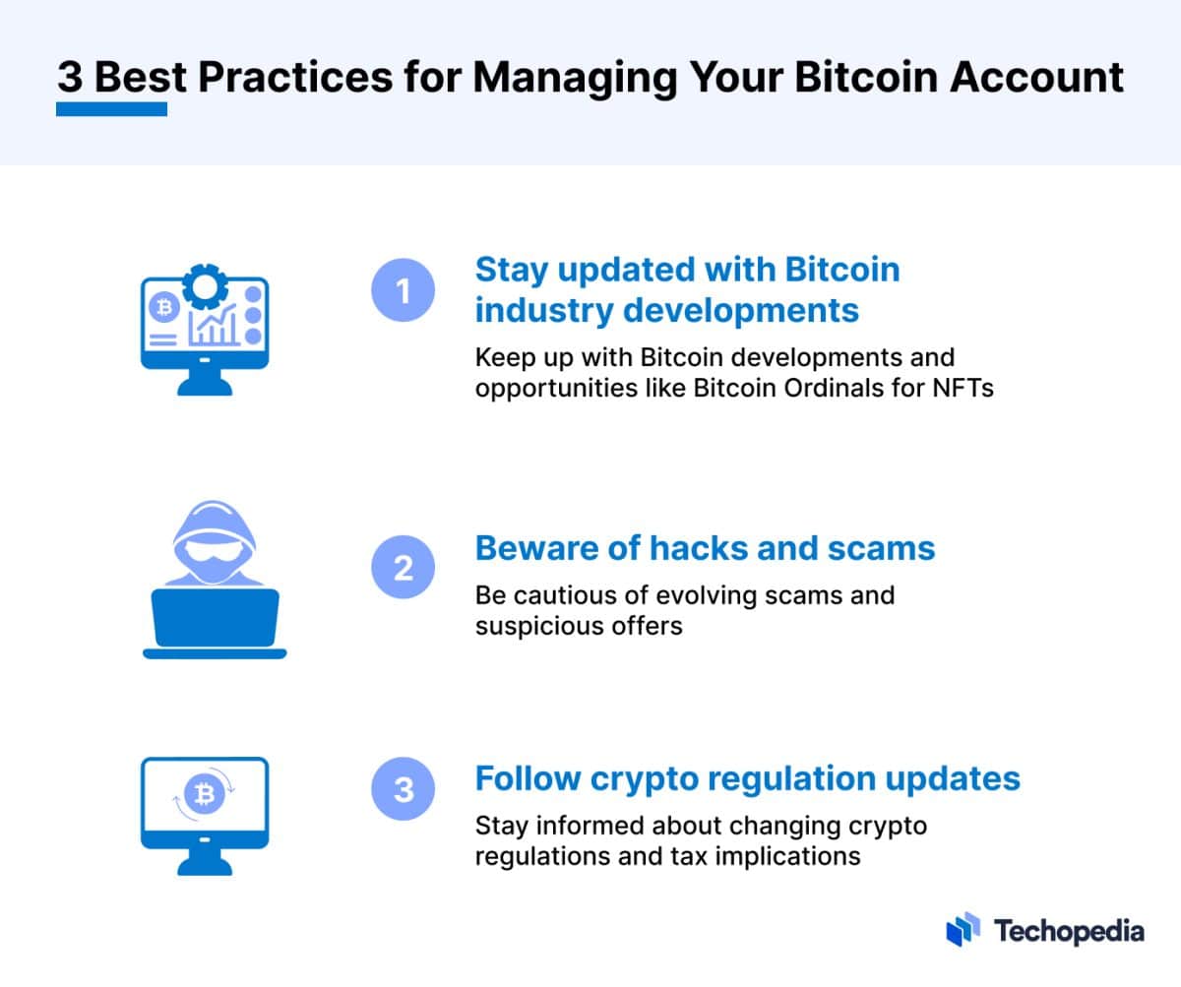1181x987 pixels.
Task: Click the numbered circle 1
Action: [404, 291]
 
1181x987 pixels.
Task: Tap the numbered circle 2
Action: [404, 568]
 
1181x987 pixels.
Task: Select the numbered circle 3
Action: [404, 789]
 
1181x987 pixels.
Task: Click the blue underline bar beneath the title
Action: [111, 108]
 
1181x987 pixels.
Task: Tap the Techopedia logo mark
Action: [963, 929]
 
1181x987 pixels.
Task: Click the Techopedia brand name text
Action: [1069, 930]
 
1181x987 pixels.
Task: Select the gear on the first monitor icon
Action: [205, 287]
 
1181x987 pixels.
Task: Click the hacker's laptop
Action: [215, 618]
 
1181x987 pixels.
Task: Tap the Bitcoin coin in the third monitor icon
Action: [206, 794]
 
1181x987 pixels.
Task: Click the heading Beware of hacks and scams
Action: [705, 548]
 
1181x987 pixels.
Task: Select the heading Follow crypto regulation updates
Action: [747, 778]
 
